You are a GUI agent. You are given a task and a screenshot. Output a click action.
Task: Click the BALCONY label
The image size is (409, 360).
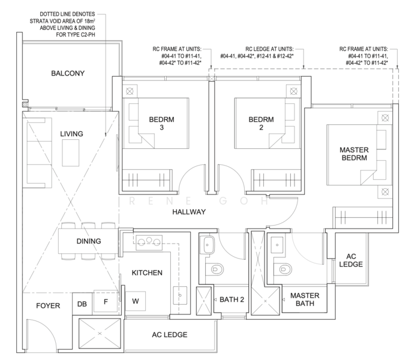(x=68, y=73)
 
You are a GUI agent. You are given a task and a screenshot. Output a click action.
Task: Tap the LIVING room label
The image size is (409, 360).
(x=71, y=134)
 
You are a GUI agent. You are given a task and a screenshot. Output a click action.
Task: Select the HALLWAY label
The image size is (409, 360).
(x=189, y=212)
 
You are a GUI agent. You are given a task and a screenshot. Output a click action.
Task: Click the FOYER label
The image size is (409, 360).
(x=48, y=305)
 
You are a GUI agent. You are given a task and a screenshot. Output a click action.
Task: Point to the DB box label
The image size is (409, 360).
(x=82, y=304)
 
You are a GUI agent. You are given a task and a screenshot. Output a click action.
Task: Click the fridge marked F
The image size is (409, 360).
(x=106, y=301)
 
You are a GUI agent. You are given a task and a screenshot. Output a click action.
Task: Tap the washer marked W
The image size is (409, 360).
(x=136, y=301)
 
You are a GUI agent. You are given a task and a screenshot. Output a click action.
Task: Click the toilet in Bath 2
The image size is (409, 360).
(x=215, y=269)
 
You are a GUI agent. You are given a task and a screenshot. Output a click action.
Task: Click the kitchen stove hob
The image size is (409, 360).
(x=149, y=242)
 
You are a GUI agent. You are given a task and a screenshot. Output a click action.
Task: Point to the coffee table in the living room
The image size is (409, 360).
(x=70, y=153)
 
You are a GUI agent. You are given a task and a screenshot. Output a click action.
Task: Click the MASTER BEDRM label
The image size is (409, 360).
(x=354, y=154)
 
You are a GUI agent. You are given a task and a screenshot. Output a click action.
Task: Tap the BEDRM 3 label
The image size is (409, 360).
(x=161, y=124)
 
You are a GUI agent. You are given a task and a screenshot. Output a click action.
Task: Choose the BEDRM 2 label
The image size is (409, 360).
(x=261, y=124)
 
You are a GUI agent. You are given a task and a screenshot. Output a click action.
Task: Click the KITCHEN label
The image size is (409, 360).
(x=147, y=273)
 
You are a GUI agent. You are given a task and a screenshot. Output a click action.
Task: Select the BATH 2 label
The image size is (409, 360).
(x=231, y=299)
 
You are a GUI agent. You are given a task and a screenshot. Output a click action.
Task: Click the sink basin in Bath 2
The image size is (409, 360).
(x=209, y=245)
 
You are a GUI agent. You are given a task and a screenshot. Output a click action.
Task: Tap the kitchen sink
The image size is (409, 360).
(x=180, y=295)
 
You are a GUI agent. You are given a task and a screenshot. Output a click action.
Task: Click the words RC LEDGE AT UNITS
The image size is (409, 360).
(x=269, y=49)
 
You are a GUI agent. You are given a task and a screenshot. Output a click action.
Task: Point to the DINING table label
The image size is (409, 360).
(x=89, y=241)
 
